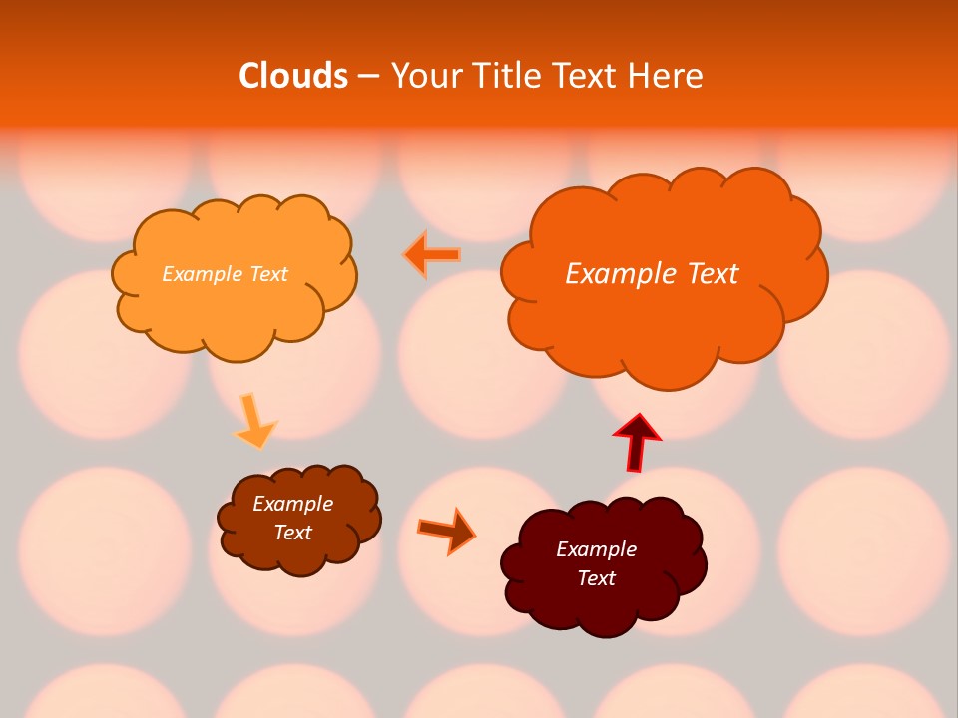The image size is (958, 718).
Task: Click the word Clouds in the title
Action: [293, 76]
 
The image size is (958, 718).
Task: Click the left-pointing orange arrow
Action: [432, 255]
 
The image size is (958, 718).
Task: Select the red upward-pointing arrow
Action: [637, 441]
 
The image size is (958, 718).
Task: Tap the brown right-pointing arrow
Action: [447, 531]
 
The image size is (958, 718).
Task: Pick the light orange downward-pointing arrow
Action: [254, 422]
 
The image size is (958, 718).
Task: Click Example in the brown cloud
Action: [292, 504]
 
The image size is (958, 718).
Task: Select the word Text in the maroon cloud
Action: [596, 578]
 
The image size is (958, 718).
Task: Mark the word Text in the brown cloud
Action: [292, 533]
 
